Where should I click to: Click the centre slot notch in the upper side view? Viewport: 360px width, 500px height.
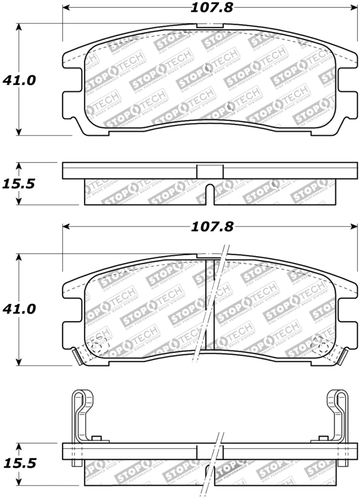click(210, 194)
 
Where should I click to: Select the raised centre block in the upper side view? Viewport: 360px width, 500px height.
click(210, 171)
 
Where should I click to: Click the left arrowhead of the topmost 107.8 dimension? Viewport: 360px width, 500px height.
click(66, 8)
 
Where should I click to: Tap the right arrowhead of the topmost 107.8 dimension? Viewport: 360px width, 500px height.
click(354, 8)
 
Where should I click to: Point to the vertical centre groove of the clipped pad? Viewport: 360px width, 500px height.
click(210, 306)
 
